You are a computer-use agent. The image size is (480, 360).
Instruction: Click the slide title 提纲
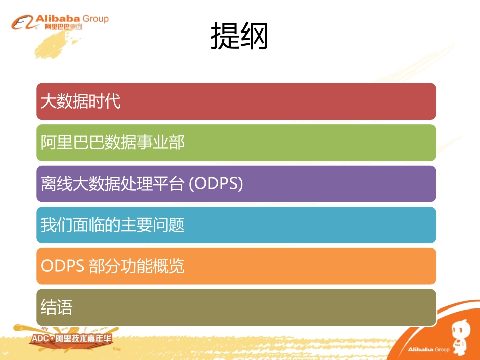pos(239,36)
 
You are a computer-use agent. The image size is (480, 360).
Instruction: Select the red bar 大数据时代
pos(236,101)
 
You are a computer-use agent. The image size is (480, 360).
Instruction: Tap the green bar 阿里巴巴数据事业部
pos(236,143)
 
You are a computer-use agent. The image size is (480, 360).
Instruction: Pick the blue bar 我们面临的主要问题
pos(236,225)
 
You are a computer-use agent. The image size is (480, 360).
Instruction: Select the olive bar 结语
pos(236,307)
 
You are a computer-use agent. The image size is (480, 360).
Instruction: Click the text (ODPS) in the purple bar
pos(216,184)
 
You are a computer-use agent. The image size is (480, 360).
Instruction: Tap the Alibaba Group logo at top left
pos(60,22)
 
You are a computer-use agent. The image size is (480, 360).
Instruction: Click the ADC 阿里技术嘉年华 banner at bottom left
pos(71,338)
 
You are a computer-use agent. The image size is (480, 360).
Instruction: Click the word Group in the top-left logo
pos(94,19)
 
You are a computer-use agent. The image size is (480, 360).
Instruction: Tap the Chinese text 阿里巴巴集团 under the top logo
pos(63,27)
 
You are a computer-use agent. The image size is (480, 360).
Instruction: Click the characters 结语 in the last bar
pos(57,307)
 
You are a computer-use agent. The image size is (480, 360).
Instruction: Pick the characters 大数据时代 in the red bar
pos(81,102)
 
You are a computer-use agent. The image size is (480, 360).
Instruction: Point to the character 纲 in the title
pos(254,36)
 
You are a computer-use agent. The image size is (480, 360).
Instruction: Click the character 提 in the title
pos(225,36)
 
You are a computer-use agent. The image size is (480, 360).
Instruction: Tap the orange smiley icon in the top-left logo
pos(23,23)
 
